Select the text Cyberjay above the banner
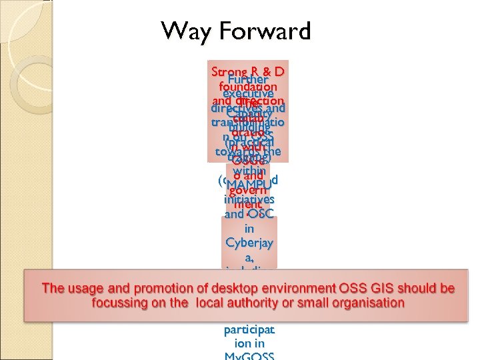(249, 241)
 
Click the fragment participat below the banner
(249, 330)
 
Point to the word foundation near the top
(247, 87)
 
